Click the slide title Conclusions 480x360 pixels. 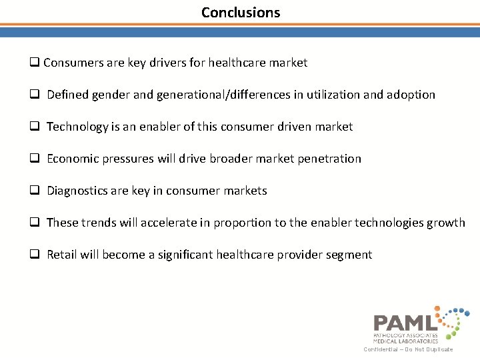241,13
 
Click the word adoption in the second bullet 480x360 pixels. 409,95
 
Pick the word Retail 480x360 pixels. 61,255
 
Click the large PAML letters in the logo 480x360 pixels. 405,323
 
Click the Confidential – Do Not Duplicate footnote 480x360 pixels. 408,349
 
